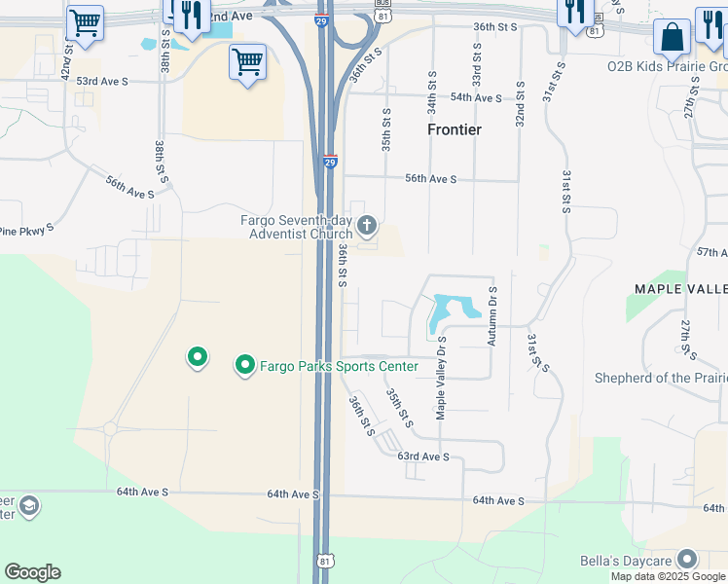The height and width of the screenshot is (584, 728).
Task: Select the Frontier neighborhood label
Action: [x=455, y=129]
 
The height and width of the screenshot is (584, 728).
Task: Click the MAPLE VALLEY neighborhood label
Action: [x=680, y=289]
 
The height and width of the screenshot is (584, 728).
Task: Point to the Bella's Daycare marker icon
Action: [x=688, y=559]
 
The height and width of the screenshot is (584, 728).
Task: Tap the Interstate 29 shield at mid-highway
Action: [x=330, y=163]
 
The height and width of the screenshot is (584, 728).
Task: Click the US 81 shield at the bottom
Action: [x=323, y=562]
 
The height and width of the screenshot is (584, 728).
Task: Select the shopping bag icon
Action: [x=672, y=38]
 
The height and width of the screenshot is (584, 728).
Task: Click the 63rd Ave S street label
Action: [x=423, y=456]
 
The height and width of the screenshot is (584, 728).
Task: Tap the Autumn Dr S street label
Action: [x=493, y=315]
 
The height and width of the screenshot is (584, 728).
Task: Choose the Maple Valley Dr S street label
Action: [x=441, y=377]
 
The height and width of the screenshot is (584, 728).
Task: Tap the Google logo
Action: [x=32, y=572]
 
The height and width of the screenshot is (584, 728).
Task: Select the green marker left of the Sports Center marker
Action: [x=198, y=358]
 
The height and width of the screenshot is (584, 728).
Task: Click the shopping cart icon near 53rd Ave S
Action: [x=247, y=62]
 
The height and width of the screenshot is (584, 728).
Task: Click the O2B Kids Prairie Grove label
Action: [x=667, y=67]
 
